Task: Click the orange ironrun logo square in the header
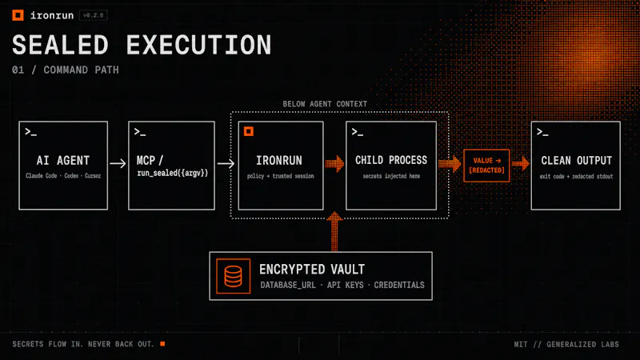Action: tap(18, 15)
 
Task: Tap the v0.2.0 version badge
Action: tap(94, 15)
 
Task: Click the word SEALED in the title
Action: tap(61, 45)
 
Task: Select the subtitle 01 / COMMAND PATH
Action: tap(66, 70)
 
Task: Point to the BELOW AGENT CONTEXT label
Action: tap(325, 104)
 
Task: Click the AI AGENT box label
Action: tap(63, 161)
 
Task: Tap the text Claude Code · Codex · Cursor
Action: tap(63, 176)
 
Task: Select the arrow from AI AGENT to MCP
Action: tap(118, 164)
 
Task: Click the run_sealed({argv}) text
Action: tap(173, 173)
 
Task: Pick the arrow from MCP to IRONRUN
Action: tap(226, 164)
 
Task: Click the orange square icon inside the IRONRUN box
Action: tap(249, 131)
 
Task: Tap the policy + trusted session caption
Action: tap(281, 176)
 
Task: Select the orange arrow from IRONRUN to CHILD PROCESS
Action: tap(334, 164)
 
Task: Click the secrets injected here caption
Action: tap(391, 176)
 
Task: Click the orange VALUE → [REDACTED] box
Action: tap(486, 166)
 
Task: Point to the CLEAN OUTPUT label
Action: tap(576, 161)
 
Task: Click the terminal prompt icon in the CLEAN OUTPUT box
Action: tap(542, 132)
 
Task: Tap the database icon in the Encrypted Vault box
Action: tap(233, 276)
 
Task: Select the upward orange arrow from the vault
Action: tap(334, 231)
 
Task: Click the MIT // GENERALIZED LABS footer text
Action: tap(566, 345)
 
